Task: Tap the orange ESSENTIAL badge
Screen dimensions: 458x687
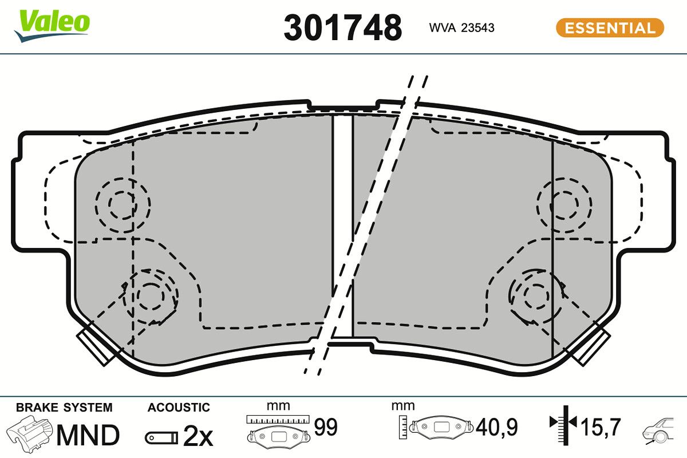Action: point(610,27)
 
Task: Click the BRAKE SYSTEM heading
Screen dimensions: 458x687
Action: point(64,408)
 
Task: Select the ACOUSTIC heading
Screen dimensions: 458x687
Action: point(179,408)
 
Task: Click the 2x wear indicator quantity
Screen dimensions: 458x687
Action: point(198,437)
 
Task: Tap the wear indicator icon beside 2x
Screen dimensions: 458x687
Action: point(160,438)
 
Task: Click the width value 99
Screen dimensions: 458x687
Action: point(326,427)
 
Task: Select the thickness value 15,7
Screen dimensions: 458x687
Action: point(601,427)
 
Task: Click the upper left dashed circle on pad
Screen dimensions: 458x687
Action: point(122,204)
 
